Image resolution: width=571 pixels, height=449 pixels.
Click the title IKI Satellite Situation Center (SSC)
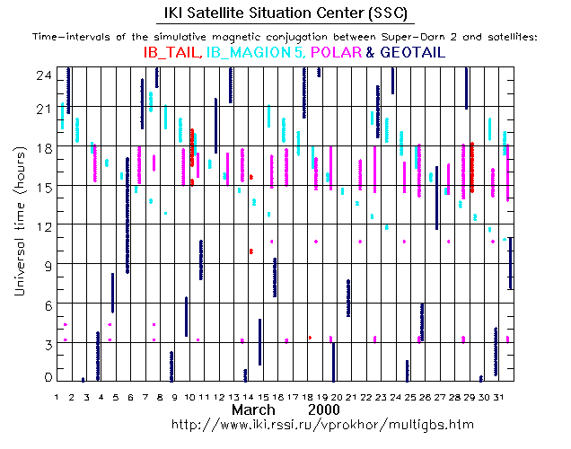(x=285, y=13)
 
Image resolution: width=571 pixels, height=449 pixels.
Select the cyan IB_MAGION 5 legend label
(x=254, y=53)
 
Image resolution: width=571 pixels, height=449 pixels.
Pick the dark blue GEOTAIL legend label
(x=413, y=53)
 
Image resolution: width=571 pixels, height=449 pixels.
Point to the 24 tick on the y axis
(x=42, y=77)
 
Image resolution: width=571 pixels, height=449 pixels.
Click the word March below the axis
(x=254, y=409)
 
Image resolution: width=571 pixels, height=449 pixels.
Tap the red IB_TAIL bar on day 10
(x=192, y=147)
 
